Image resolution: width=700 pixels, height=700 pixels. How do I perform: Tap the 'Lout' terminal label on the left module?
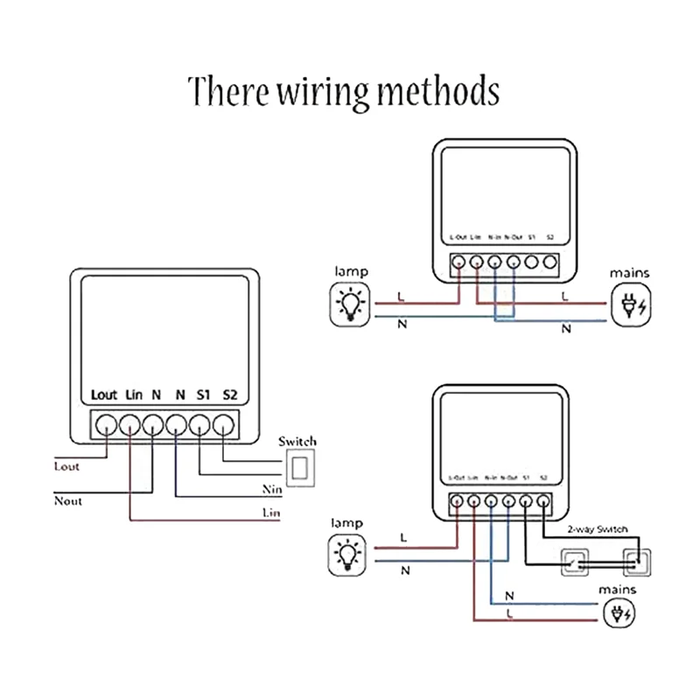point(104,395)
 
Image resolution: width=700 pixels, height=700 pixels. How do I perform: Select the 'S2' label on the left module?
point(229,395)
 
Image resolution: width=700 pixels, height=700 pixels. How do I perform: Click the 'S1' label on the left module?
point(204,395)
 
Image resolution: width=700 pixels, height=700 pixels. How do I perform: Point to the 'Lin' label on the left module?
point(133,395)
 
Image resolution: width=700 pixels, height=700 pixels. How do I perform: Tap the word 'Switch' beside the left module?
point(297,441)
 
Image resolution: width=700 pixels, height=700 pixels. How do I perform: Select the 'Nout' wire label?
point(67,501)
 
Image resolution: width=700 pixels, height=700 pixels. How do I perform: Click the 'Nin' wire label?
point(271,489)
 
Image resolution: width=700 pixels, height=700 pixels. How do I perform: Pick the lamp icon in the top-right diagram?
point(349,304)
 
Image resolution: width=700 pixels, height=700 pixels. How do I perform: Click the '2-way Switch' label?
point(597,529)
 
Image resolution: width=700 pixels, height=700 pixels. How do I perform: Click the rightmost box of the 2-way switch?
point(636,561)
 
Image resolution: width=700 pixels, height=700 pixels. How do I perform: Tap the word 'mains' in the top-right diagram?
point(630,273)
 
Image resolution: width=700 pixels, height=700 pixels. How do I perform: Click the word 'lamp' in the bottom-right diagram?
point(347,522)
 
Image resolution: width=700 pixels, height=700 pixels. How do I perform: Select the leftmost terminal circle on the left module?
point(105,424)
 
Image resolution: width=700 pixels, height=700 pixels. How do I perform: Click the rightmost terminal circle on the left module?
point(226,424)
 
